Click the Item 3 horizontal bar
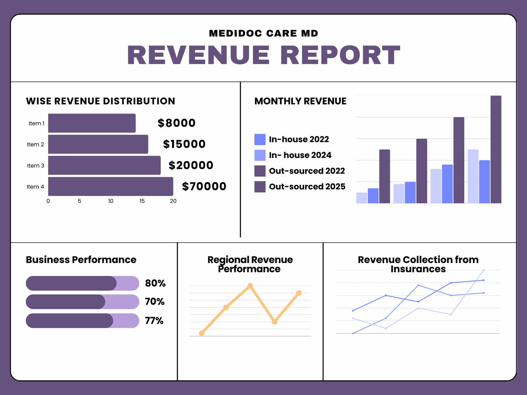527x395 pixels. [x=104, y=165]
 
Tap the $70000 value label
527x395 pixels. [x=204, y=186]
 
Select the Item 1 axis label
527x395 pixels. [x=36, y=123]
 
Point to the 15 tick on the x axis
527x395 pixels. [x=142, y=201]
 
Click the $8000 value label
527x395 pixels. [x=177, y=123]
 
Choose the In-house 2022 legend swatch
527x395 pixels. [x=260, y=140]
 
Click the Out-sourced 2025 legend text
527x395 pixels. [x=307, y=187]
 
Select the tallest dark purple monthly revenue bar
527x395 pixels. [x=496, y=149]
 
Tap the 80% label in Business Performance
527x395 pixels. [x=155, y=283]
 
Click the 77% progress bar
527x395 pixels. [x=82, y=321]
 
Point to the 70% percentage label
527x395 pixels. [x=154, y=302]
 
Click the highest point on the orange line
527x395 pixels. [x=250, y=286]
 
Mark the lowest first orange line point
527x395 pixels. [x=202, y=333]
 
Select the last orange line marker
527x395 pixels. [x=299, y=293]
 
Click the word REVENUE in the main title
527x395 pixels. [x=199, y=55]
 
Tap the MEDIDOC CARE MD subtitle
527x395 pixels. [x=263, y=33]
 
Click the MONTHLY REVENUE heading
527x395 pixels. [x=300, y=101]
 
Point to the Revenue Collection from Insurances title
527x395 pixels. [x=418, y=264]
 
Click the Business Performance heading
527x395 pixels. [x=81, y=260]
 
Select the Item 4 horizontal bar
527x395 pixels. [x=110, y=186]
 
